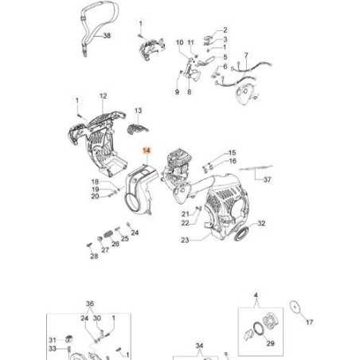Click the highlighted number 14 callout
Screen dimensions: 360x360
(x=147, y=151)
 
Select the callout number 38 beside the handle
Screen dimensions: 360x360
(x=107, y=35)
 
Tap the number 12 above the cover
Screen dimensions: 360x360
(x=103, y=96)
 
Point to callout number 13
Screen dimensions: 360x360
(x=138, y=111)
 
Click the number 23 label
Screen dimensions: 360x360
(x=185, y=240)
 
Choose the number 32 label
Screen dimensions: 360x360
(x=261, y=223)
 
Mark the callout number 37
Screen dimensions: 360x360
(x=267, y=180)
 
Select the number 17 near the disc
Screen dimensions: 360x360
(x=309, y=322)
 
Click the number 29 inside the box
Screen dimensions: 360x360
(x=270, y=343)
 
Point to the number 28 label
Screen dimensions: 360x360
(x=94, y=256)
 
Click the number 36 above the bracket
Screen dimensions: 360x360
(x=90, y=303)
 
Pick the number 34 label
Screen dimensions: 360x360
(x=199, y=346)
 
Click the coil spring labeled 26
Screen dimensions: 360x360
(x=108, y=234)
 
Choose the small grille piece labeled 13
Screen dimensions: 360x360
(x=138, y=129)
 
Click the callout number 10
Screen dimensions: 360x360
(x=180, y=42)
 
